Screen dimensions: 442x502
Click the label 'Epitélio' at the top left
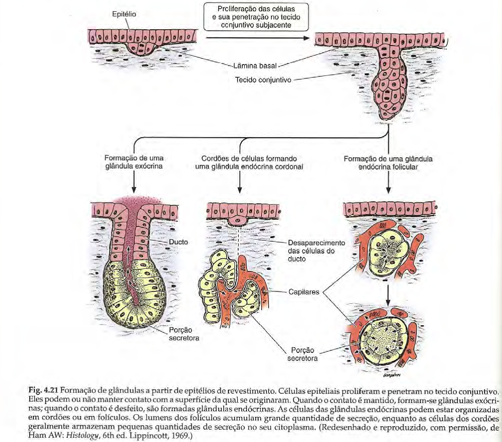pyautogui.click(x=123, y=15)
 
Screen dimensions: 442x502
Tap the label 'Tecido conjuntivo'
pyautogui.click(x=263, y=80)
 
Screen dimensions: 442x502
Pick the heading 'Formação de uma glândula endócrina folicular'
pyautogui.click(x=388, y=162)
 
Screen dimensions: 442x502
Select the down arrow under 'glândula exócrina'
pyautogui.click(x=134, y=181)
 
